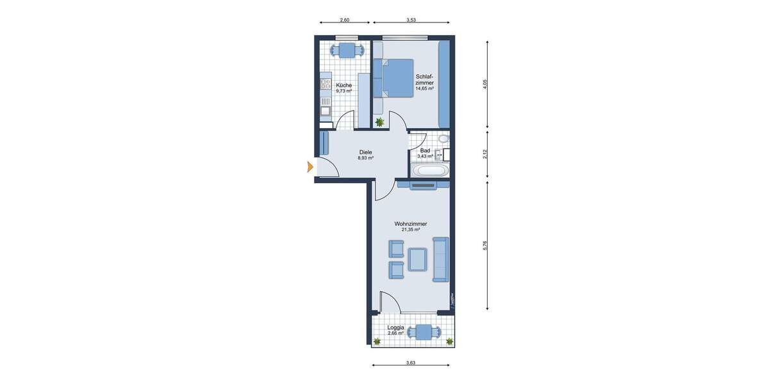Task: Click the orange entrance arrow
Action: tap(310, 168)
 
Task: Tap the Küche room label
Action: tap(343, 85)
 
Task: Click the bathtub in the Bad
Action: tap(429, 171)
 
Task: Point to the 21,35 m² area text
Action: tap(411, 230)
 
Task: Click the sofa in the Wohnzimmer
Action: tap(441, 259)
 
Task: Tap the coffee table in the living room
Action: tap(418, 259)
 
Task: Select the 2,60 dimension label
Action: tap(344, 20)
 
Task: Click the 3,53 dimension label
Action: tap(411, 20)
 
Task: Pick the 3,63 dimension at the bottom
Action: tap(411, 363)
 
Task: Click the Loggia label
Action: tap(395, 328)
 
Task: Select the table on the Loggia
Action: tap(424, 332)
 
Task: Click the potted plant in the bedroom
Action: tap(380, 121)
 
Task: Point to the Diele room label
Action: tap(365, 152)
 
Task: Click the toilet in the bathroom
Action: tap(442, 139)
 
